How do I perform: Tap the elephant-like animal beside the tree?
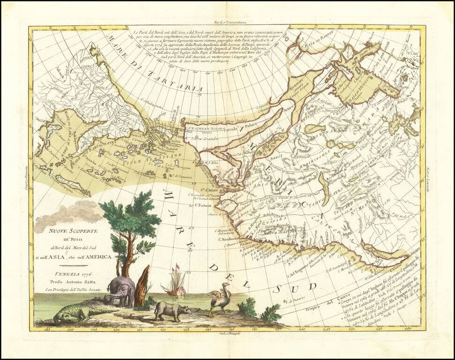(120, 291)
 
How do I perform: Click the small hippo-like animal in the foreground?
(172, 310)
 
